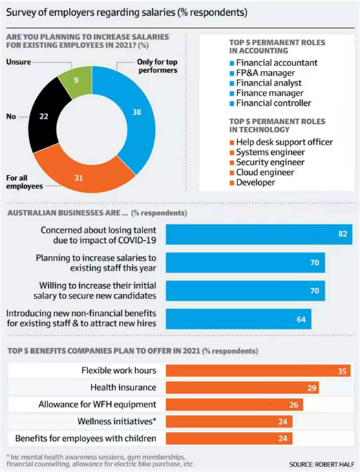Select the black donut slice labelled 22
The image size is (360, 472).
[x=43, y=116]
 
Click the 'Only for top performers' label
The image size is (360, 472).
[x=157, y=66]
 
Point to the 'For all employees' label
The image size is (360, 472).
[x=24, y=182]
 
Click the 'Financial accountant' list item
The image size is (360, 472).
[x=277, y=63]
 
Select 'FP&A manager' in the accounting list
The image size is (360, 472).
[x=266, y=73]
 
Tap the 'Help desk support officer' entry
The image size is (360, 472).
[x=284, y=142]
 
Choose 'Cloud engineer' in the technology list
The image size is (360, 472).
[x=265, y=172]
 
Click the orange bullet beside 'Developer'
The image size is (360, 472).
[x=232, y=183]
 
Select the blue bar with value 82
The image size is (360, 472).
[x=259, y=234]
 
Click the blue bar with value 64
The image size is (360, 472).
[x=238, y=319]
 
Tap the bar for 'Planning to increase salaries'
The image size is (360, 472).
[x=245, y=263]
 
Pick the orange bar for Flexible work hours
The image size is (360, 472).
[x=258, y=371]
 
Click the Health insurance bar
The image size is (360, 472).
[x=242, y=388]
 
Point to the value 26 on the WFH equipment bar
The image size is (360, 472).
[x=294, y=405]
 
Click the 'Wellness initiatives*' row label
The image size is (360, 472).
[x=117, y=421]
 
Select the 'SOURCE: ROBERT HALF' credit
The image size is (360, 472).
[x=321, y=464]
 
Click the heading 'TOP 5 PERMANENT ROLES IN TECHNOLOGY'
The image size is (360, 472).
[x=277, y=125]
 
